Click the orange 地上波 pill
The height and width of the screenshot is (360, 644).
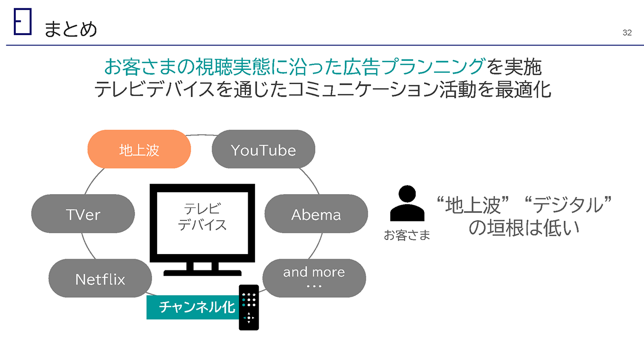tap(139, 150)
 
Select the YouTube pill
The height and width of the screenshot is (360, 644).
tap(263, 150)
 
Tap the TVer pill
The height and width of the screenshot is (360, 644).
tap(83, 214)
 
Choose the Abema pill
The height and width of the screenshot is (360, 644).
tap(316, 214)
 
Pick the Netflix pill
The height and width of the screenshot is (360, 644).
tap(100, 279)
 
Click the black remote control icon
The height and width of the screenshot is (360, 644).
tap(249, 307)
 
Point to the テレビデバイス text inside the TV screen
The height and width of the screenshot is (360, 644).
tap(202, 216)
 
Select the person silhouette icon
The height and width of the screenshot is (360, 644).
tap(407, 204)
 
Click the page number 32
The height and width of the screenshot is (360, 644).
tap(627, 33)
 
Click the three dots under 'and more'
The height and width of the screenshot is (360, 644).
tap(314, 287)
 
